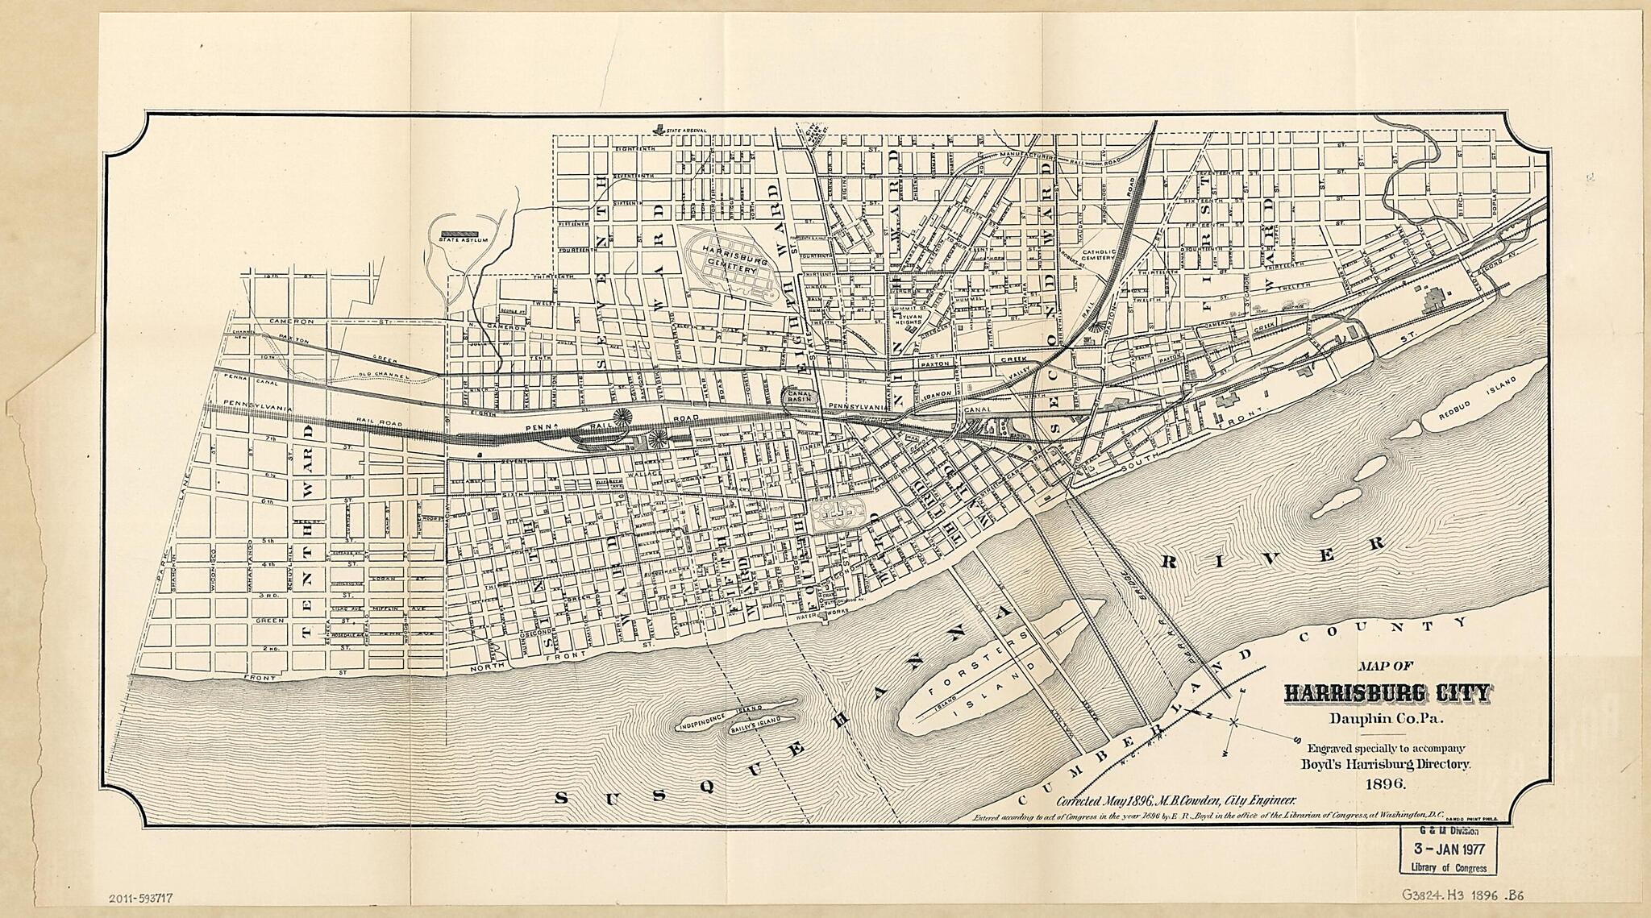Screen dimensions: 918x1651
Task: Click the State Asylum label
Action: point(459,239)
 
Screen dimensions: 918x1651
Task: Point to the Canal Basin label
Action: point(800,396)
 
